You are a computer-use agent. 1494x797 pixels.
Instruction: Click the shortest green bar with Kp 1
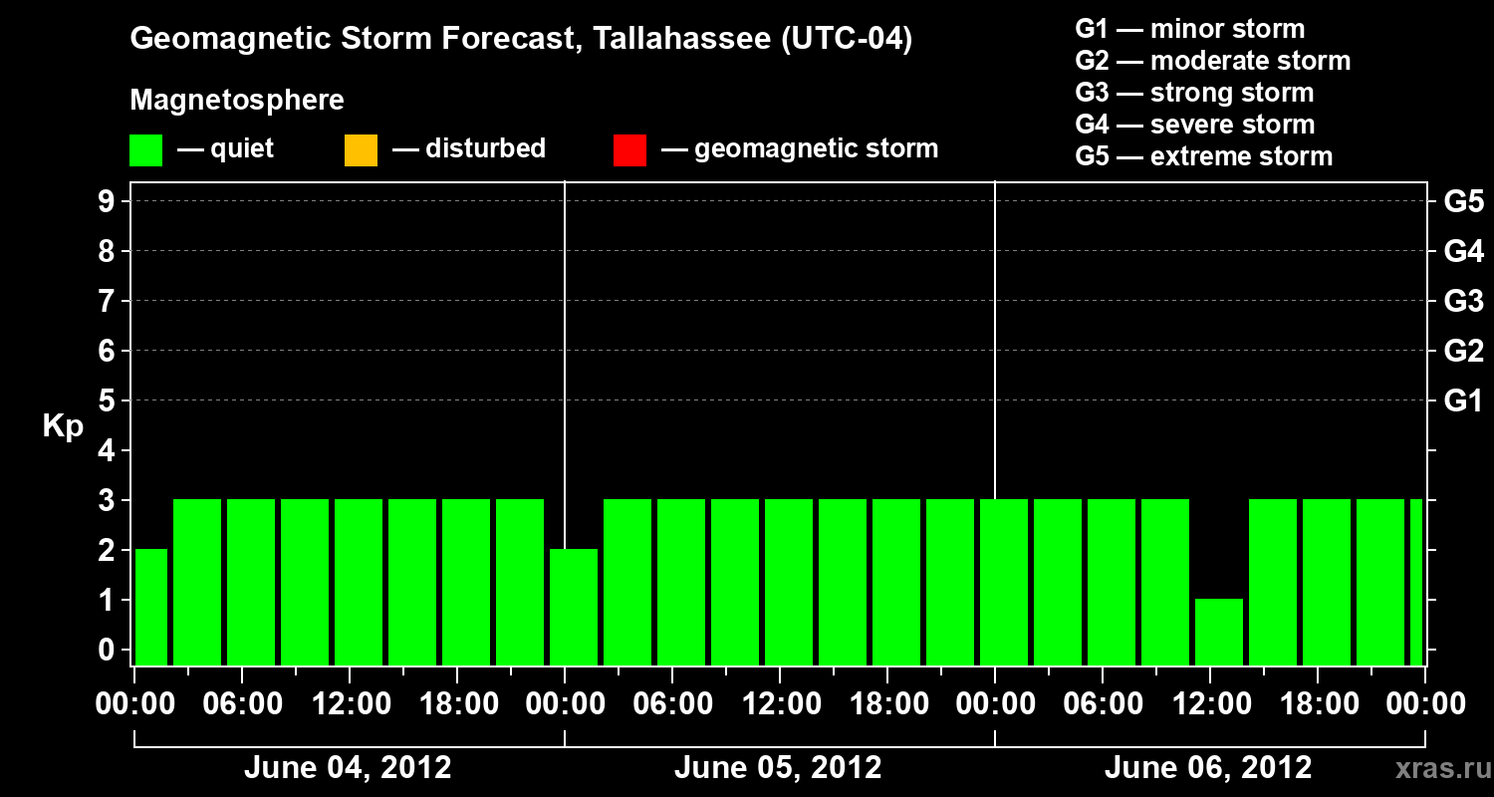[1219, 632]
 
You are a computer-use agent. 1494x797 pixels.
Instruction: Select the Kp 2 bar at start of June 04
[151, 607]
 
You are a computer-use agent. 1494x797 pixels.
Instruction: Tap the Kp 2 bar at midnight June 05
[574, 607]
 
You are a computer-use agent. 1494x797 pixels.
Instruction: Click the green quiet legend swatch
[145, 149]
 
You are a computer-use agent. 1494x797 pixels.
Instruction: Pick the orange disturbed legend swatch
[361, 149]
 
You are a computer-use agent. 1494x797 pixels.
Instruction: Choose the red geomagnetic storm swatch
[629, 149]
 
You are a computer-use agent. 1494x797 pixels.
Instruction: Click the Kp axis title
[63, 426]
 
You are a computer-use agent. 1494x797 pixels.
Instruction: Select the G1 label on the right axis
[1463, 401]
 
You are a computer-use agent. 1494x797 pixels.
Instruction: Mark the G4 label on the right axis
[1463, 251]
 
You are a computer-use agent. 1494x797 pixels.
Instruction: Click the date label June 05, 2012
[778, 768]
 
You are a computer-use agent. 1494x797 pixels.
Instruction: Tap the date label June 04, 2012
[348, 768]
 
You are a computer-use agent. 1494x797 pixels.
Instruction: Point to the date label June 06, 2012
[1208, 768]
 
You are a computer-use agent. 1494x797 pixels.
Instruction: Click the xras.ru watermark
[1435, 769]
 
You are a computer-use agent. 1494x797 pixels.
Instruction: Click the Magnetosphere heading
[237, 101]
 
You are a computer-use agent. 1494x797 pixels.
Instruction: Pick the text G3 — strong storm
[1194, 93]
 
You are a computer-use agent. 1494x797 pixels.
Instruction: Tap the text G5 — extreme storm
[1203, 156]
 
